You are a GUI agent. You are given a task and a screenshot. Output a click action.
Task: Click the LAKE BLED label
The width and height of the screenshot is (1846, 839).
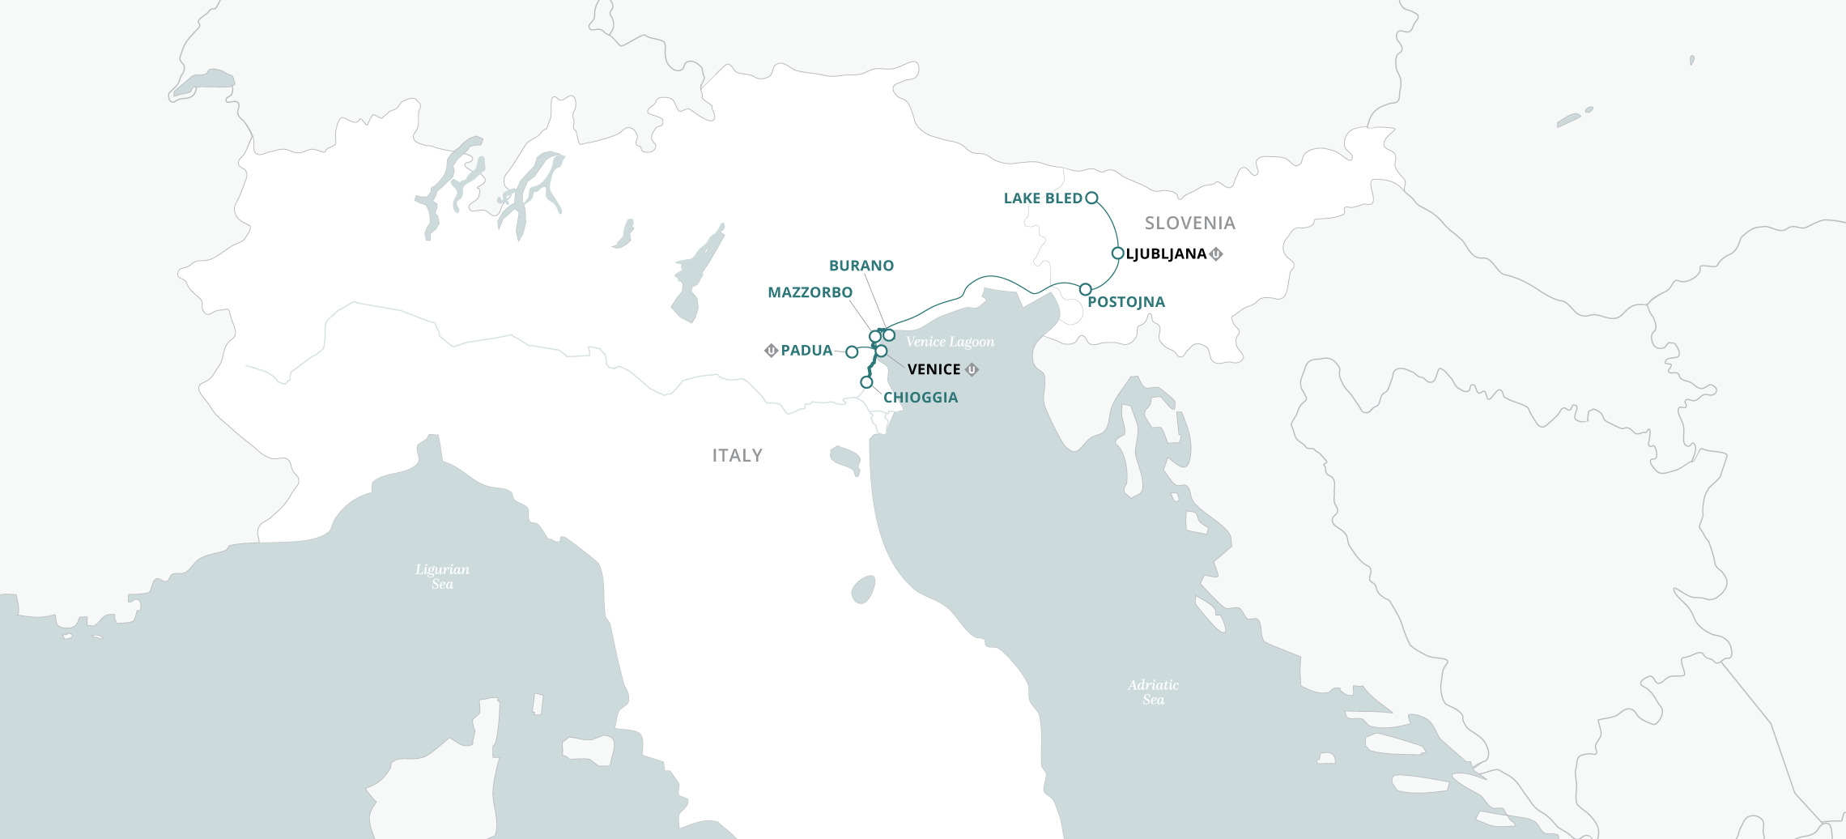coord(1042,198)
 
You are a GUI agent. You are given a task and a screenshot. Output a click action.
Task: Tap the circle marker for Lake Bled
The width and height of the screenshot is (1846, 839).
coord(1091,198)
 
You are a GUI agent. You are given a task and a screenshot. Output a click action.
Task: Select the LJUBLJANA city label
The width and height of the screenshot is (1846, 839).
coord(1166,254)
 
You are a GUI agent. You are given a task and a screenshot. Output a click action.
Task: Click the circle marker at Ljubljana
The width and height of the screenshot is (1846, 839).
coord(1117,253)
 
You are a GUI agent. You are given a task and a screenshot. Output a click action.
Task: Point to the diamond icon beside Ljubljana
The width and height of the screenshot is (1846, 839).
coord(1215,254)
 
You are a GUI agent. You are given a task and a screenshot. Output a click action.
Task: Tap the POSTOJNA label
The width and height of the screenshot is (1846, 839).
coord(1125,302)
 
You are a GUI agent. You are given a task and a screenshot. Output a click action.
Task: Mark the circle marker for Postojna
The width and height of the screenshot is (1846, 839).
coord(1085,289)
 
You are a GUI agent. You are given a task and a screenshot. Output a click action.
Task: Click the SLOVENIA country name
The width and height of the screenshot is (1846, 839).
coord(1189,223)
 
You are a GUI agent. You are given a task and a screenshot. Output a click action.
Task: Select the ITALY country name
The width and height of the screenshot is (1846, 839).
coord(737,456)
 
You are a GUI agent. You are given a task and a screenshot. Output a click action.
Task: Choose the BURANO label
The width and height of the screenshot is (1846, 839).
coord(861,266)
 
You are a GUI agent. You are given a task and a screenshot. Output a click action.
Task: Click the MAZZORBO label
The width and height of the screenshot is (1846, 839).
coord(810,292)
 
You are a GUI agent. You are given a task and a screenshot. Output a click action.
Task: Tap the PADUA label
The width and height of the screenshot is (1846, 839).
coord(806,351)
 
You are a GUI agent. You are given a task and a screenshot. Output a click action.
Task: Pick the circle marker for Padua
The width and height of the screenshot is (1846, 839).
coord(852,352)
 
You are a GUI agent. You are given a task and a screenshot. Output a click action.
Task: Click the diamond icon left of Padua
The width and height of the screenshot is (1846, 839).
coord(771,351)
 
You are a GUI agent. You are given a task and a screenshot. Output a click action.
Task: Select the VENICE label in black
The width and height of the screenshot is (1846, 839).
coord(934,369)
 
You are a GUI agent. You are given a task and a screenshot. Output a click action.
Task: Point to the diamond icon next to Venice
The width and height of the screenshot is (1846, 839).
coord(972,369)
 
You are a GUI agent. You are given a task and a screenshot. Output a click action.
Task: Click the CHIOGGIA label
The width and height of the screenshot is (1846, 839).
coord(920,398)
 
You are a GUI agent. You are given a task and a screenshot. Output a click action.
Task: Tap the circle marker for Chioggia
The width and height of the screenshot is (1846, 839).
coord(866,381)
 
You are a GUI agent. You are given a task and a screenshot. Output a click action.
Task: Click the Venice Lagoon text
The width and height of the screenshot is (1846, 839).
coord(950,342)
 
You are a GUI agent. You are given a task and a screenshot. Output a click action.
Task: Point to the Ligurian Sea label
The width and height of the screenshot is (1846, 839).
coord(442,577)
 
